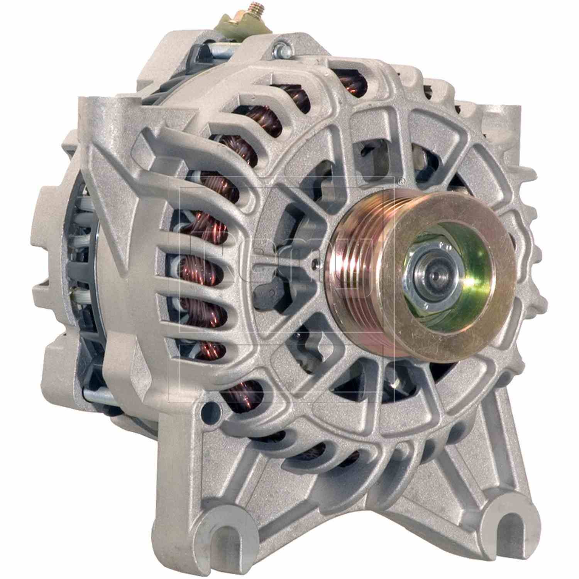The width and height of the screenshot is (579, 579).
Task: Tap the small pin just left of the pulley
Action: pyautogui.click(x=316, y=263)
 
